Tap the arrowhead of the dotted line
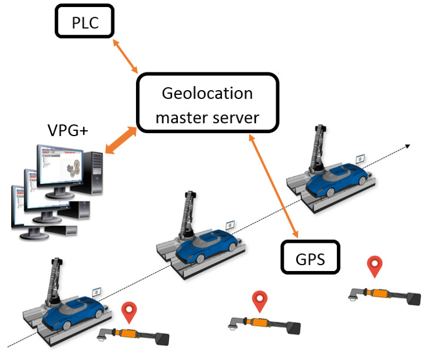(407, 144)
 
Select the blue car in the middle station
(208, 241)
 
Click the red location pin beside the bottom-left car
(128, 311)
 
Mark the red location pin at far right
(375, 266)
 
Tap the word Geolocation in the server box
(207, 94)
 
